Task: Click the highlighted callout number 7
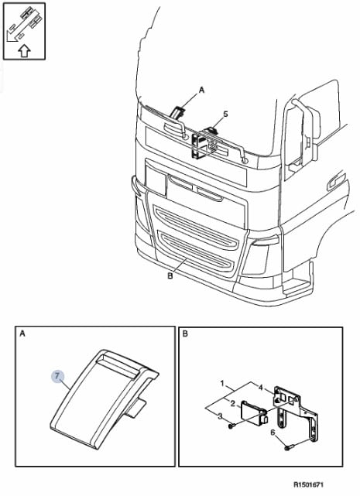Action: tap(57, 376)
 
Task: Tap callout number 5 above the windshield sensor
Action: tap(225, 114)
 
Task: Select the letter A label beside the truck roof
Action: tap(202, 91)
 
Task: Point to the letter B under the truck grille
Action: tap(170, 276)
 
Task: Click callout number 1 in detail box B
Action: tap(222, 384)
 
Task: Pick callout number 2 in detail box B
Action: tap(233, 403)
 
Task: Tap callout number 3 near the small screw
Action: tap(221, 416)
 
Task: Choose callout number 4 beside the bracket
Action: tap(261, 387)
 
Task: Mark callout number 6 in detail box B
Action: tap(273, 432)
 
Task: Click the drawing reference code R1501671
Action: tap(308, 484)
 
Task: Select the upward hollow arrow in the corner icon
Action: tap(24, 50)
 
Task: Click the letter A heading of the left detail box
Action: tap(22, 334)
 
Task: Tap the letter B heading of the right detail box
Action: tap(186, 334)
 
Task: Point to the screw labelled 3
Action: tap(231, 426)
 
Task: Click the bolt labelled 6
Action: tap(289, 448)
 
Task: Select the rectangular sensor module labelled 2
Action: tap(254, 412)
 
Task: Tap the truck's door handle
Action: tap(336, 181)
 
